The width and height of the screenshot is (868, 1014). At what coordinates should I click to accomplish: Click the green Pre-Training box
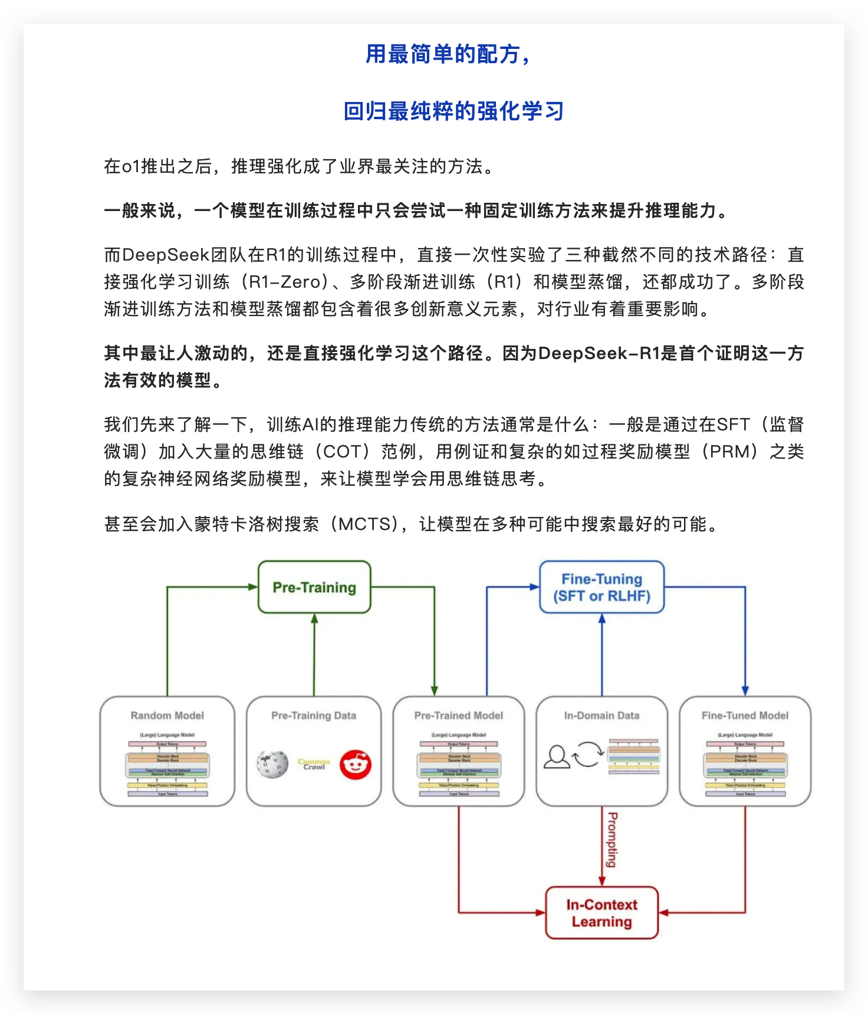314,587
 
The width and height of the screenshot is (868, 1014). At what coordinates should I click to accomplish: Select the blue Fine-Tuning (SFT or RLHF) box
601,587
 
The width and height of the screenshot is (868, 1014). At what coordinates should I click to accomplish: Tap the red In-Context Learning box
601,913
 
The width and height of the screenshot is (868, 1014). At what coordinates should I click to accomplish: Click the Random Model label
167,716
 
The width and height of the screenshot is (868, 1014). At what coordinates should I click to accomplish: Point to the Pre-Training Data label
314,716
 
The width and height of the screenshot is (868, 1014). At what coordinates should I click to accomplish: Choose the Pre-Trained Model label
459,716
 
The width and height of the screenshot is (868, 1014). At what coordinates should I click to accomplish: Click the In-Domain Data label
601,716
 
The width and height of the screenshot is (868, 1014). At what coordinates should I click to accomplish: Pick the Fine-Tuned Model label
745,716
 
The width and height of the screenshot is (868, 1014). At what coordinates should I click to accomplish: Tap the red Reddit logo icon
356,765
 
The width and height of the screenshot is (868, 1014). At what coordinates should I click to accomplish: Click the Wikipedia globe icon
272,764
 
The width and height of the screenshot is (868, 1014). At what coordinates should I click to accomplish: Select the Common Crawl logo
314,765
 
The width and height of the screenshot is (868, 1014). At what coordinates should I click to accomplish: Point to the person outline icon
556,757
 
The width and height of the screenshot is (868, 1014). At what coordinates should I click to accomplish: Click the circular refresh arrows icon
588,755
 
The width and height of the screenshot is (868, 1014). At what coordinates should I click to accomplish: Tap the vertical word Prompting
613,840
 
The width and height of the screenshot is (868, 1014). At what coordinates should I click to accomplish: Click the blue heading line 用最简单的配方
448,54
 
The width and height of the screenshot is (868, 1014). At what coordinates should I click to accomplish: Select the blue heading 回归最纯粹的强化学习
453,111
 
